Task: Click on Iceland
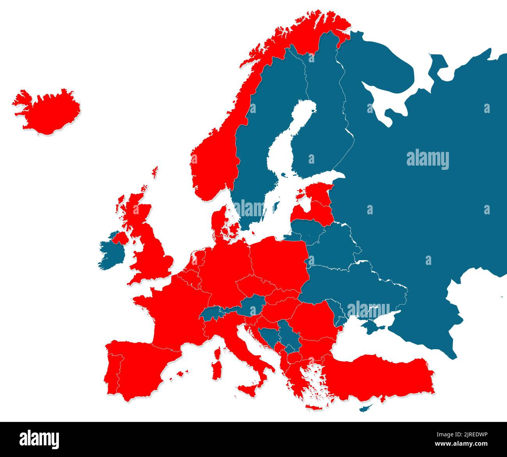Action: coord(46,111)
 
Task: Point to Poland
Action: coord(279,261)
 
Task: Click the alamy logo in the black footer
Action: coord(39,439)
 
